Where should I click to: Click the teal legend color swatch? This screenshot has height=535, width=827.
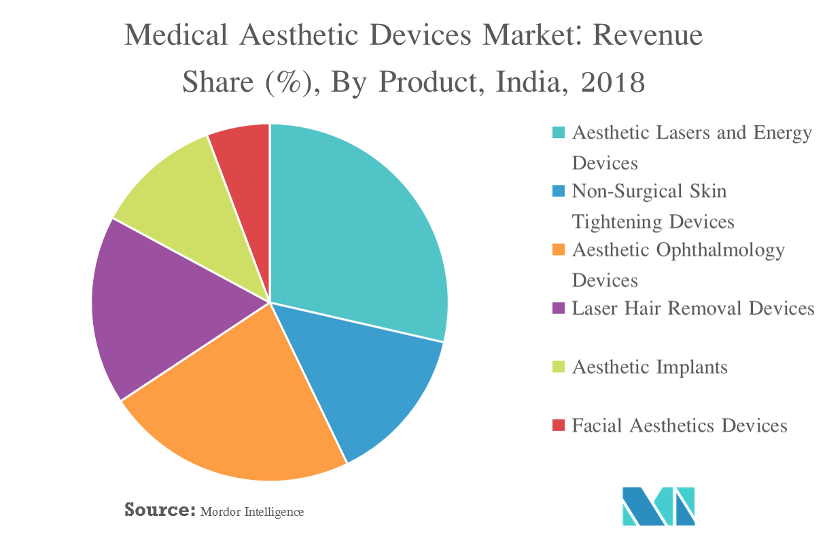(x=559, y=133)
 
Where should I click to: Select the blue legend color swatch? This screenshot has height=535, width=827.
(x=559, y=192)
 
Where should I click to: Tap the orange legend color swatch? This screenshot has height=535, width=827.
(x=559, y=250)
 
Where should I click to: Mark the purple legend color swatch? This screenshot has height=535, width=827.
(x=559, y=309)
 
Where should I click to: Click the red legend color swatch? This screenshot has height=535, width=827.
(x=559, y=426)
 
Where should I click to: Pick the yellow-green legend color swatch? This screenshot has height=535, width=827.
(x=559, y=367)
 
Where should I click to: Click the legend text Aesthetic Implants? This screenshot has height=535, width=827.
(x=650, y=367)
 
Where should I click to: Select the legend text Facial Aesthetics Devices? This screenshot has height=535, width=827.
(x=680, y=426)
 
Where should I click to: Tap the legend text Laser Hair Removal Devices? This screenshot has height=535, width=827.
(x=693, y=309)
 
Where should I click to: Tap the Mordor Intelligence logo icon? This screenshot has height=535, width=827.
(x=658, y=506)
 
